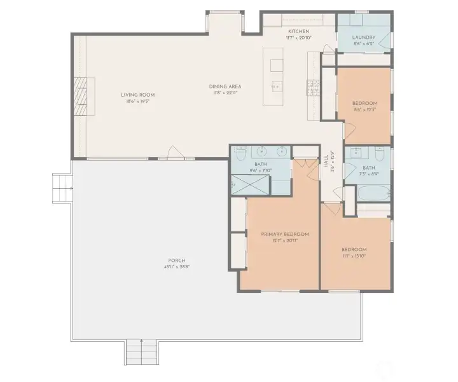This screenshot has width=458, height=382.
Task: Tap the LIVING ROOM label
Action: point(138,95)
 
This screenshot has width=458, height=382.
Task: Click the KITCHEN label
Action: point(298,31)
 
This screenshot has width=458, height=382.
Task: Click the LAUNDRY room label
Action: point(364,38)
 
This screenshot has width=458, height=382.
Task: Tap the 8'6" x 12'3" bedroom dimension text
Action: point(365,109)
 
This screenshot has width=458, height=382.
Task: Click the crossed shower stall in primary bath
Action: point(249,184)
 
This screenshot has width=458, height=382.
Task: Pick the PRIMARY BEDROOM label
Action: point(280,234)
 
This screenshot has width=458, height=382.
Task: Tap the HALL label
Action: point(326,163)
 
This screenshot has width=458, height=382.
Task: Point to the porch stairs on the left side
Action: point(61,188)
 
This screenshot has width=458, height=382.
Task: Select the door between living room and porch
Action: point(174,153)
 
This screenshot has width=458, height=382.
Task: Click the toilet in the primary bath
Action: point(240,154)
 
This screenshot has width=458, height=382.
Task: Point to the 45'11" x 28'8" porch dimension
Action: point(176,266)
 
